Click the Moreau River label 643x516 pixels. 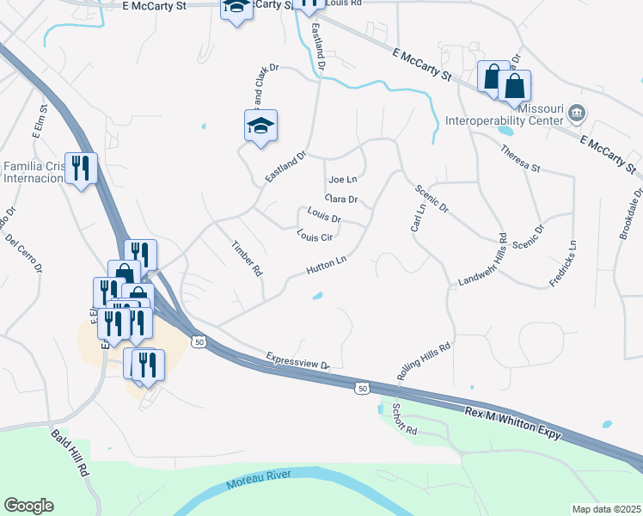tap(260, 480)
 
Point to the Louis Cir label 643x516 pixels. tap(314, 234)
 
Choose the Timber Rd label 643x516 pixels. tap(247, 257)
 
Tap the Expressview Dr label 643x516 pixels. tap(298, 360)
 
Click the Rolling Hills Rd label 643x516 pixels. tap(424, 359)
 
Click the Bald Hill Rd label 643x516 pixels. tap(70, 453)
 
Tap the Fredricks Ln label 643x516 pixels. tap(563, 263)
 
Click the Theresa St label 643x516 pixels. tap(522, 158)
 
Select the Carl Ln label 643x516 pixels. tap(417, 218)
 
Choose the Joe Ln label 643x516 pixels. tap(342, 180)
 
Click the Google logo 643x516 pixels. tap(28, 506)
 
